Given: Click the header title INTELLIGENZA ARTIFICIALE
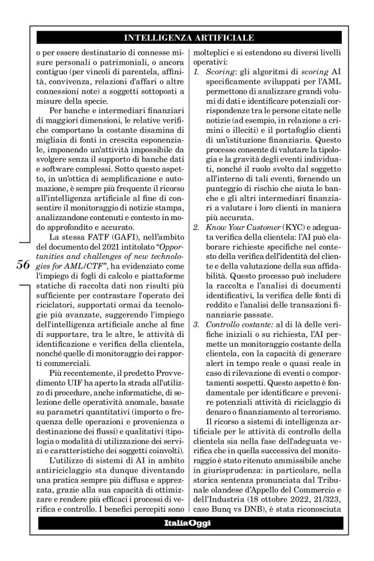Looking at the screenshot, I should click(x=188, y=37).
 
